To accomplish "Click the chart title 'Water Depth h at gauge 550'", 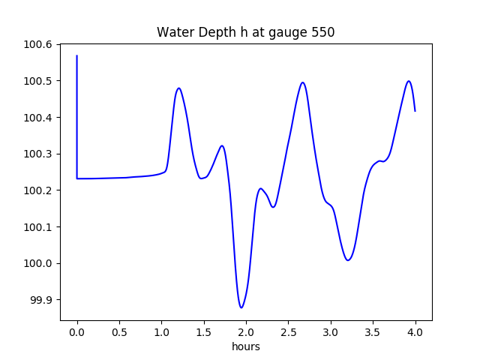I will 245,33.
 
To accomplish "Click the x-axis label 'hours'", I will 246,346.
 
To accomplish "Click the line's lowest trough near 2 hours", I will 241,307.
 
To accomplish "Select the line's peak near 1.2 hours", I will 178,88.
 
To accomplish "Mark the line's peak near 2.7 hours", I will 303,82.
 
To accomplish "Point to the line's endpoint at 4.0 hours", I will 415,111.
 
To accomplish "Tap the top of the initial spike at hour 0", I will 77,55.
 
